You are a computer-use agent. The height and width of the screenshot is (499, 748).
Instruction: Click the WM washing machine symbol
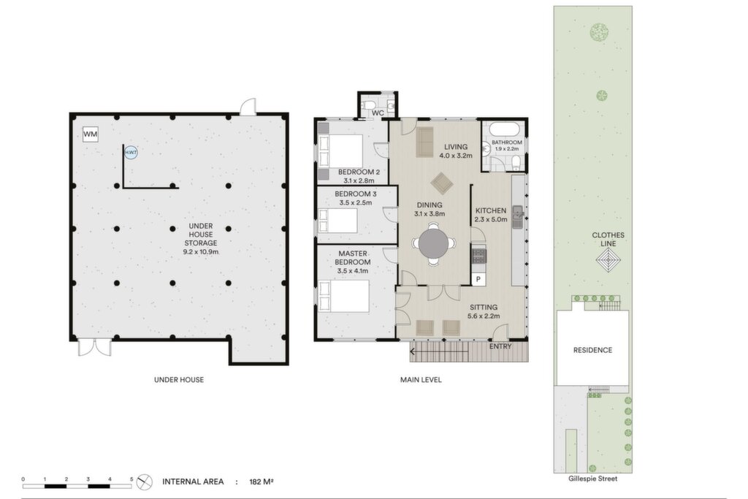pyautogui.click(x=90, y=134)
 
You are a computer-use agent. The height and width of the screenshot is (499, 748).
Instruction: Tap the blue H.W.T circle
pyautogui.click(x=131, y=153)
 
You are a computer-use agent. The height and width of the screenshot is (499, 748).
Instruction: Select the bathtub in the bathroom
pyautogui.click(x=504, y=129)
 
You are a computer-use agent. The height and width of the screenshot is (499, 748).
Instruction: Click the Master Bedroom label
pyautogui.click(x=353, y=258)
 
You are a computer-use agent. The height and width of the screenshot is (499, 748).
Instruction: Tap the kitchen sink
pyautogui.click(x=518, y=217)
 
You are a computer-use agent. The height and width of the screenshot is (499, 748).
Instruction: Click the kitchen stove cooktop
pyautogui.click(x=479, y=256)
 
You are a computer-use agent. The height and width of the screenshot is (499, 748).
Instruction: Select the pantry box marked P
pyautogui.click(x=478, y=279)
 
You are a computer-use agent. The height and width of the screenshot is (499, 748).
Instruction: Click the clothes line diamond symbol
pyautogui.click(x=608, y=261)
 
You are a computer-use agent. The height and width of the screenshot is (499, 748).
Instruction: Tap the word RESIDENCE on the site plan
pyautogui.click(x=592, y=350)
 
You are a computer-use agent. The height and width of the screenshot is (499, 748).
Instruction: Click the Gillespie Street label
pyautogui.click(x=592, y=479)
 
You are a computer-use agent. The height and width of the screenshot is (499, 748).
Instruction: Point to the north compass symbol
pyautogui.click(x=144, y=481)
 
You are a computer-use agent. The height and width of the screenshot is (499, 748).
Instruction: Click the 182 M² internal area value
pyautogui.click(x=262, y=481)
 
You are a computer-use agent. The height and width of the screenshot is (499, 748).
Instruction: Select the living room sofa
pyautogui.click(x=424, y=142)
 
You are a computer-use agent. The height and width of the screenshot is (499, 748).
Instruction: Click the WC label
pyautogui.click(x=378, y=113)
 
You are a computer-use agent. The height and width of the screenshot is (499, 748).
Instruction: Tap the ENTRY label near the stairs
pyautogui.click(x=500, y=346)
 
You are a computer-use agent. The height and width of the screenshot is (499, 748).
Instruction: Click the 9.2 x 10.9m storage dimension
pyautogui.click(x=201, y=251)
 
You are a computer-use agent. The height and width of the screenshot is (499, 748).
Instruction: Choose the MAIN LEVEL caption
pyautogui.click(x=421, y=380)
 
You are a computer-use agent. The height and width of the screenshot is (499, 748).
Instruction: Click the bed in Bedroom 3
pyautogui.click(x=338, y=221)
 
